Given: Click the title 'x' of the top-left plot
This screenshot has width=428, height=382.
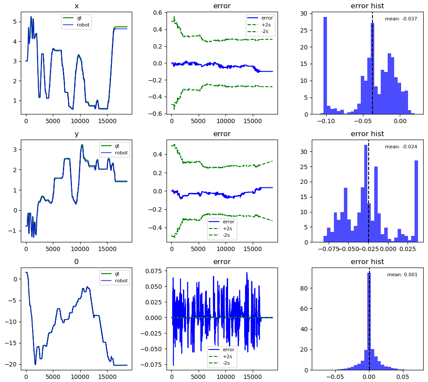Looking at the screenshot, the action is (76, 6).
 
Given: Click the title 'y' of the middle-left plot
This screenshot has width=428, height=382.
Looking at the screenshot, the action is (77, 134).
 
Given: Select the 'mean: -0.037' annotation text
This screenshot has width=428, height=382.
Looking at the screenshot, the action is (401, 19).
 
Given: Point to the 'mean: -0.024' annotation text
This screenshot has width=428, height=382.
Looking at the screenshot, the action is (401, 147).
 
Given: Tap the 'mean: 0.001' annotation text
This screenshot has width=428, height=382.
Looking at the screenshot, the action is (402, 274).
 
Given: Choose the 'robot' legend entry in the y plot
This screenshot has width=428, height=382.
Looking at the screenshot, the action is (114, 153).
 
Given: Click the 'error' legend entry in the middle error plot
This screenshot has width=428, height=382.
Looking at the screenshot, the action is (221, 222).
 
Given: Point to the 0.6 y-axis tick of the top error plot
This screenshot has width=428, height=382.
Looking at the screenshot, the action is (157, 13).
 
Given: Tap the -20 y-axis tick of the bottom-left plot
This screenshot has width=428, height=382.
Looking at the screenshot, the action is (11, 364).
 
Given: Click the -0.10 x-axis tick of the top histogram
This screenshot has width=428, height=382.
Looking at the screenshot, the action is (326, 121).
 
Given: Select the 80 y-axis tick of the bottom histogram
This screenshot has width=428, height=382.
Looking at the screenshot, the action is (304, 288).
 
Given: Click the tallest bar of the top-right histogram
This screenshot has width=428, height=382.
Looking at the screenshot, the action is (325, 65).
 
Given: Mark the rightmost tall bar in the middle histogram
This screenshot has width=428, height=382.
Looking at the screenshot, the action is (416, 201).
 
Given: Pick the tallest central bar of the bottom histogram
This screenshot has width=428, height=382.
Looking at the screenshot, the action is (369, 321).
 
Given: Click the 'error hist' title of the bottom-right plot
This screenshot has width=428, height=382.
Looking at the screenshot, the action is (367, 261).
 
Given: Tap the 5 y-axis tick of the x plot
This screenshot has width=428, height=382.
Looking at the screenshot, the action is (15, 22).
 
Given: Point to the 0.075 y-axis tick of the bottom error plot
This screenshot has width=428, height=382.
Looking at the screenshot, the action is (154, 271).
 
